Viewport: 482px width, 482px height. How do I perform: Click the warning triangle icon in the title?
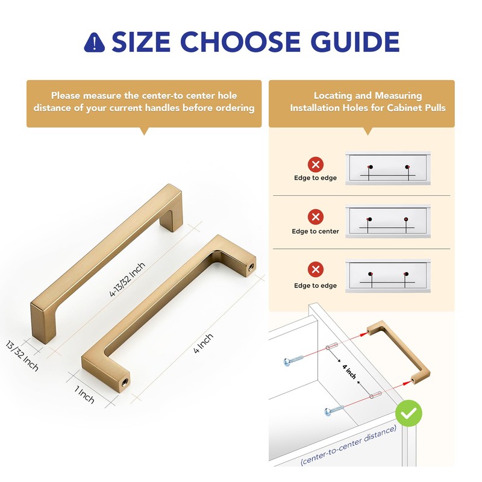[x=94, y=42]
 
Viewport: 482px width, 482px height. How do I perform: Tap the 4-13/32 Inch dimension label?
[x=128, y=275]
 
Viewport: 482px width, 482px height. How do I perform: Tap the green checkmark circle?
[x=408, y=414]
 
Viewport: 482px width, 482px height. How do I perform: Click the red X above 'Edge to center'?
[x=315, y=216]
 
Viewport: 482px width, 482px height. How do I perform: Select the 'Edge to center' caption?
[x=315, y=231]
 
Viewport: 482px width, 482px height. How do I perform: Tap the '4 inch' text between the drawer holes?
[x=349, y=371]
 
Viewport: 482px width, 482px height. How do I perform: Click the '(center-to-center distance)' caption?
[x=349, y=446]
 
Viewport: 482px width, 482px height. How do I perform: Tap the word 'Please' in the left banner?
[x=65, y=95]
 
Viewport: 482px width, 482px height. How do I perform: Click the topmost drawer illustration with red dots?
[x=389, y=169]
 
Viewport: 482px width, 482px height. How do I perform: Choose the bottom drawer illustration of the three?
[x=389, y=275]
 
